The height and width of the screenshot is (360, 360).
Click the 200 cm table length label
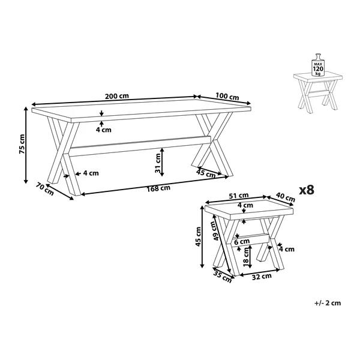(x=117, y=96)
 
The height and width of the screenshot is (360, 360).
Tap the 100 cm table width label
(x=227, y=97)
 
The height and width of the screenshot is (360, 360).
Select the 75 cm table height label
(x=22, y=144)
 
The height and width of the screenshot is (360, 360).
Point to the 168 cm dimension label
(x=158, y=188)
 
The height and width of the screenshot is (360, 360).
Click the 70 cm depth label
(x=45, y=189)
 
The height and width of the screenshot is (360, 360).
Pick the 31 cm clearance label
(x=158, y=163)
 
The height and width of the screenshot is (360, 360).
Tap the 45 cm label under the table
(x=206, y=173)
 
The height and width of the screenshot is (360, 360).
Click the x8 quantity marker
(x=307, y=190)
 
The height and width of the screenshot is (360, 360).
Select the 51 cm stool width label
(x=239, y=196)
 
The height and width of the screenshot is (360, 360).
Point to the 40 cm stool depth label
(x=286, y=197)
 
